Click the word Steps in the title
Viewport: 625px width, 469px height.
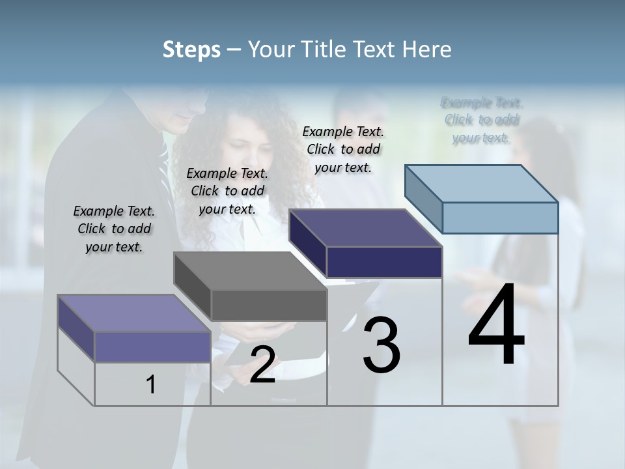pyautogui.click(x=191, y=50)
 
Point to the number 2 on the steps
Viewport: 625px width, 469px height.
pyautogui.click(x=262, y=365)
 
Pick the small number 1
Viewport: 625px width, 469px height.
pyautogui.click(x=151, y=384)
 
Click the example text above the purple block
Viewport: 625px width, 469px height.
pyautogui.click(x=114, y=229)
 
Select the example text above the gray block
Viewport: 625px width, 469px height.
pyautogui.click(x=227, y=191)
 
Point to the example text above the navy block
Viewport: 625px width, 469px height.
pyautogui.click(x=343, y=149)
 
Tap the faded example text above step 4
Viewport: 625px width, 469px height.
pyautogui.click(x=482, y=120)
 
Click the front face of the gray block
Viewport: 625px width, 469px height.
pyautogui.click(x=269, y=305)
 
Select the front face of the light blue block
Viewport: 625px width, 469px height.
pyautogui.click(x=500, y=218)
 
